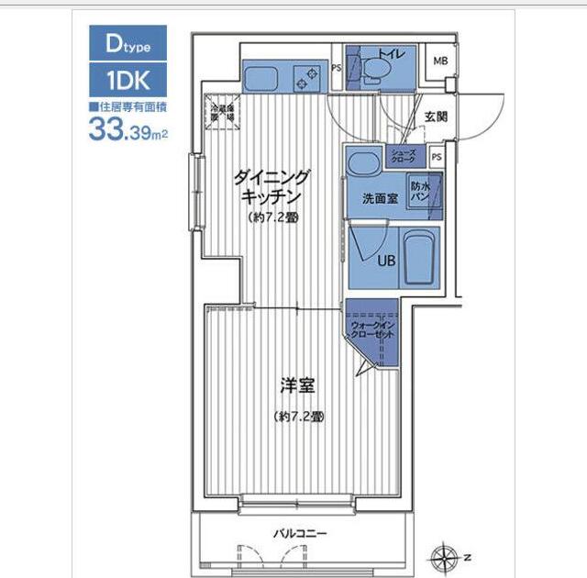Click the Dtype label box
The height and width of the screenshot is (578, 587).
[127, 42]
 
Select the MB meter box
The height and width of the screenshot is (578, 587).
[440, 61]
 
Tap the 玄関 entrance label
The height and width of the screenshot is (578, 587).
[436, 117]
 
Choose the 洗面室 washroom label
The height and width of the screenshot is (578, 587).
[378, 198]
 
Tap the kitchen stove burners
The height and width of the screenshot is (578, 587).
[305, 78]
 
